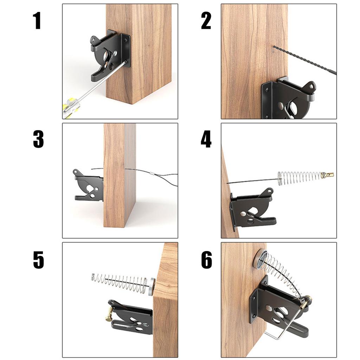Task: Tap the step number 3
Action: click(x=38, y=139)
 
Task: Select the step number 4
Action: click(x=206, y=139)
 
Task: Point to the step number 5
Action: click(x=38, y=260)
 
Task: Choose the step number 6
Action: click(x=206, y=260)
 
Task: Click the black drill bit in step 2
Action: click(x=306, y=60)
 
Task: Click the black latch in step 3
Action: click(x=88, y=186)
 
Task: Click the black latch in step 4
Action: click(x=253, y=209)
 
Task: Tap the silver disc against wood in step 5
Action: click(x=151, y=286)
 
